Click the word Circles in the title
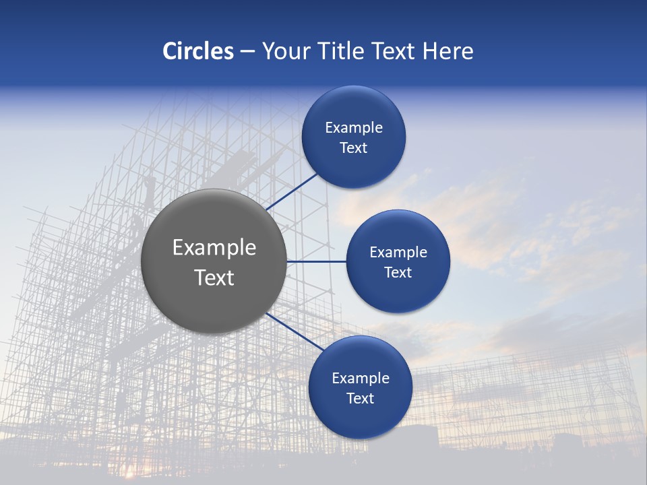coord(197,51)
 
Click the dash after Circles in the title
coord(247,52)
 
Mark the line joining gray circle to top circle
coord(292,191)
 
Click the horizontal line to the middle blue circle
coord(316,261)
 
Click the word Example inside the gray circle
coord(214,248)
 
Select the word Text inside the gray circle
coord(214,278)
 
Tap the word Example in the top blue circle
coord(354,128)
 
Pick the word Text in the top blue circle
coord(354,148)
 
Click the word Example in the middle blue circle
coord(398,253)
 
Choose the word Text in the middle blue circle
coord(398,273)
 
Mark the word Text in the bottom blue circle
coord(361,399)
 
